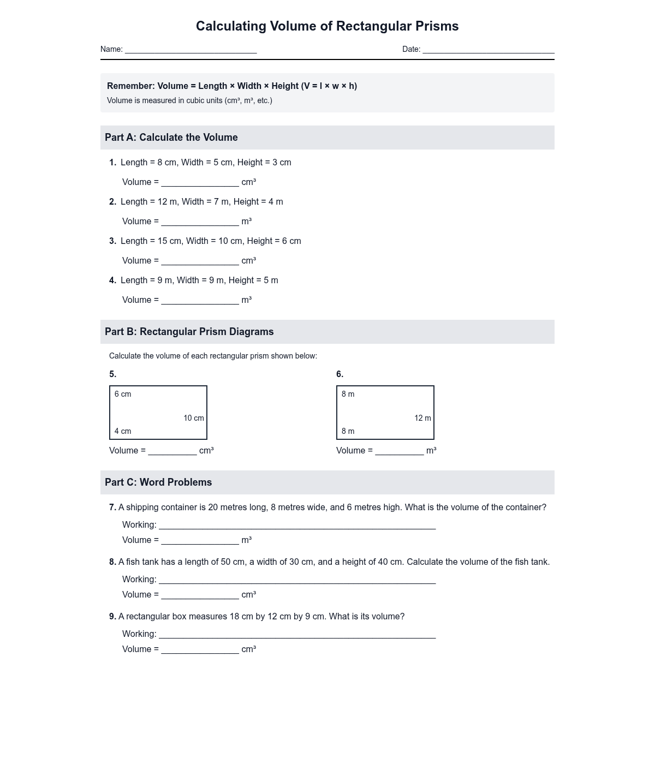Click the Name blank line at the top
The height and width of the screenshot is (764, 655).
[190, 50]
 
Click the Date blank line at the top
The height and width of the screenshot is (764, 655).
[488, 50]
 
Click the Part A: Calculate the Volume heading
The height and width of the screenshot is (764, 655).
[171, 138]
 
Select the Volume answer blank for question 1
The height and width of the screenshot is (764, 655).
[200, 183]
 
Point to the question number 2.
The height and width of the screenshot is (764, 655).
[112, 202]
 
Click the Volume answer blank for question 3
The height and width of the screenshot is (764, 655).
[200, 261]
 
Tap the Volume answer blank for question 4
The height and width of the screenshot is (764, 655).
[200, 301]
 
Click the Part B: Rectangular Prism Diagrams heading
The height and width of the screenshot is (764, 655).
[189, 332]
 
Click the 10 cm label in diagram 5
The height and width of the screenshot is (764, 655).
[194, 418]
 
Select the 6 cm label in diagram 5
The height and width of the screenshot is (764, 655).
[123, 394]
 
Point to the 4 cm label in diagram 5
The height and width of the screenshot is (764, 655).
[123, 431]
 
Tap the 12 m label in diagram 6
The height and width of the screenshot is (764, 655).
[422, 418]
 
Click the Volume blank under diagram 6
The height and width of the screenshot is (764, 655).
[399, 451]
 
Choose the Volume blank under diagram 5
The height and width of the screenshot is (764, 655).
[172, 451]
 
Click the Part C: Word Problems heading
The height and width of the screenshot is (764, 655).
[158, 482]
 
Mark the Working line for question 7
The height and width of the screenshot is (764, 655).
[297, 526]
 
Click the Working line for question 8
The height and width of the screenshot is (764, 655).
[297, 580]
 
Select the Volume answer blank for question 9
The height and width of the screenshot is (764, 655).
[200, 650]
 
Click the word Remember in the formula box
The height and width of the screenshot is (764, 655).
[130, 86]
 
